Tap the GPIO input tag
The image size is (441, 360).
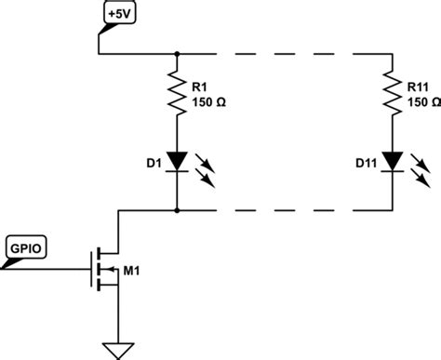pyautogui.click(x=25, y=248)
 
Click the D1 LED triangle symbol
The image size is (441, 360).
pyautogui.click(x=177, y=162)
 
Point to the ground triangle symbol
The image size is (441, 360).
pyautogui.click(x=117, y=350)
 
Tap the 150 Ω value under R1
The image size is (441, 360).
pyautogui.click(x=209, y=100)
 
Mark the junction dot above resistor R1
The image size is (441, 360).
pyautogui.click(x=177, y=55)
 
